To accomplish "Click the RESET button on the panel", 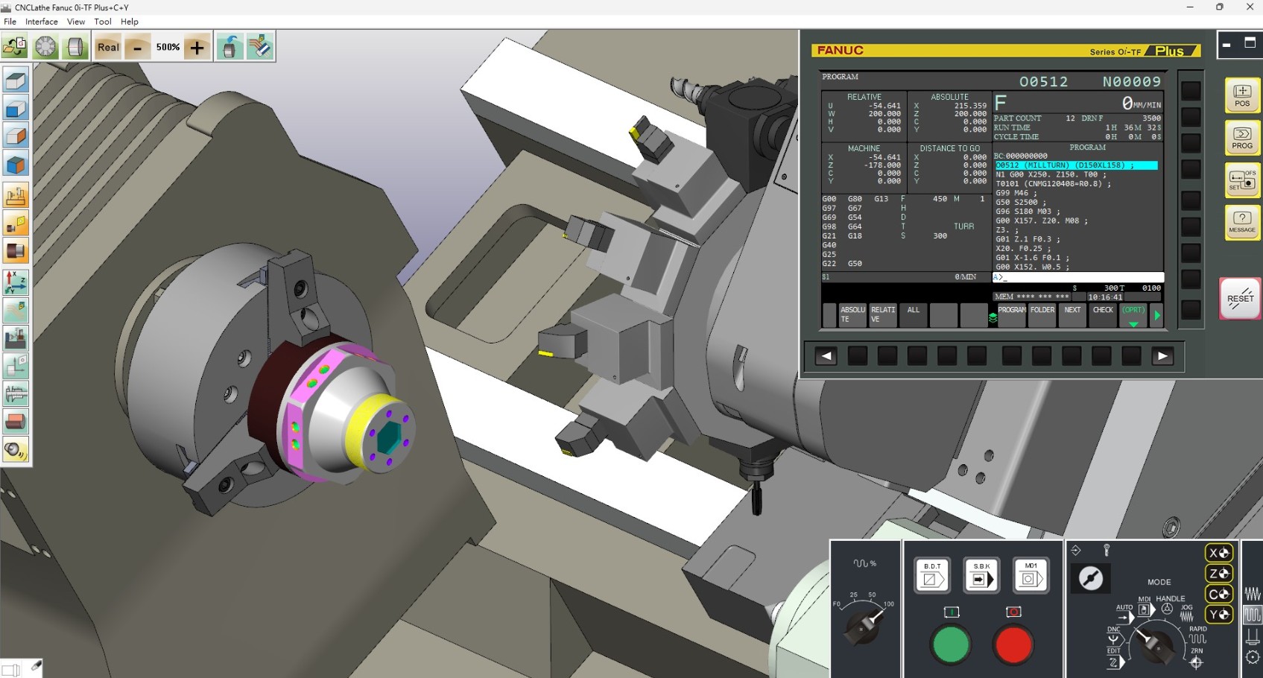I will point(1240,298).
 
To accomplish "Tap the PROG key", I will point(1241,137).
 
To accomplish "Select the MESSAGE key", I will point(1241,221).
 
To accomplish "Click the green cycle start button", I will point(951,644).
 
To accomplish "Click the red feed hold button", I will point(1013,644).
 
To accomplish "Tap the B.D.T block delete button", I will point(931,574).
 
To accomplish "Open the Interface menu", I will point(42,22).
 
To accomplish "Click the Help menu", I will point(130,22).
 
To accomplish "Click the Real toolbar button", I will point(108,47).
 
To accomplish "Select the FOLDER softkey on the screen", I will point(1042,314).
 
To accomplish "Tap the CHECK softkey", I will point(1103,314).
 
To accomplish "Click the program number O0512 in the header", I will point(1043,82).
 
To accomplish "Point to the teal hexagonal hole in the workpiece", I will point(389,438).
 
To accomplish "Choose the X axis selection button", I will point(1219,553).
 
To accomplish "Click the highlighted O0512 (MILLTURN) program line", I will point(1076,165).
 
